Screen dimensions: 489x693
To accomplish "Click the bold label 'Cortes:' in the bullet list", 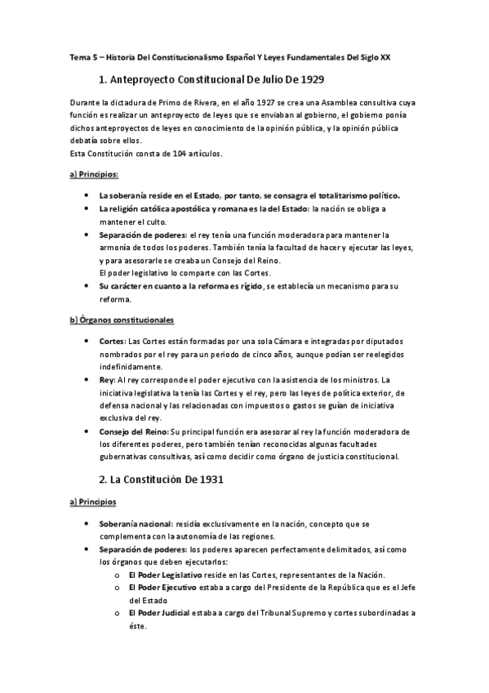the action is click(x=113, y=341).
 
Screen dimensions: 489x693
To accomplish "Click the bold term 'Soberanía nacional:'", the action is click(x=136, y=523).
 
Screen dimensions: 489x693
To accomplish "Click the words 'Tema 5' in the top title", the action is click(x=81, y=59).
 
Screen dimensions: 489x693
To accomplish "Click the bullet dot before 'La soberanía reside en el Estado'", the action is click(x=87, y=196).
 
